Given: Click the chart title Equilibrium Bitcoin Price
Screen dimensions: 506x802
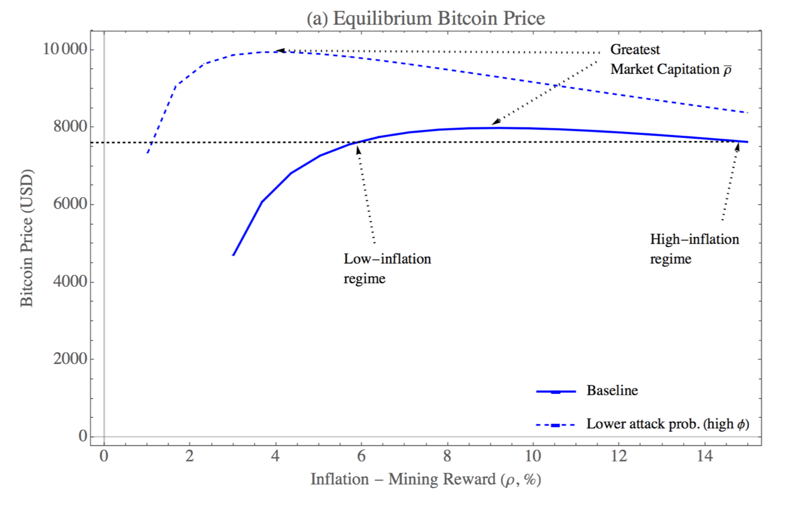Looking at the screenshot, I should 426,18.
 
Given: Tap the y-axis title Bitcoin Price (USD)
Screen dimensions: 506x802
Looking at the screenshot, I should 26,238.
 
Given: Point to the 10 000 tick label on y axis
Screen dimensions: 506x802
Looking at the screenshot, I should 65,49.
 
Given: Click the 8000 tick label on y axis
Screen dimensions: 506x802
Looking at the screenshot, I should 70,126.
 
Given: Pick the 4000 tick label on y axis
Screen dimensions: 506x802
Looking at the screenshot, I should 70,281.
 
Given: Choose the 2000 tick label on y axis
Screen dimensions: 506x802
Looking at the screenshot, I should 70,359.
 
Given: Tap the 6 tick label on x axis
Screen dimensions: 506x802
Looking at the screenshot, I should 361,456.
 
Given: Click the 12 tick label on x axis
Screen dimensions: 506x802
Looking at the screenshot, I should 619,456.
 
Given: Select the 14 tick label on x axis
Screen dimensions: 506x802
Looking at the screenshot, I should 704,456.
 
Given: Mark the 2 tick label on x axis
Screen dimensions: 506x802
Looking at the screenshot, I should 189,456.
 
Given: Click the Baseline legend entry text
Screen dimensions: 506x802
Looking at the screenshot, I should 612,390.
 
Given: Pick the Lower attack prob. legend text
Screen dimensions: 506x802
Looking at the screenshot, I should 668,424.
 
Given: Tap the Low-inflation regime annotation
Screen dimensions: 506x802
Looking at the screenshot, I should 387,268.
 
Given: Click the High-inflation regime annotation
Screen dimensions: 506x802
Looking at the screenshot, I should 694,249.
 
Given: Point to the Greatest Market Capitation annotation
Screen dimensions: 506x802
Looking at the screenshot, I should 670,59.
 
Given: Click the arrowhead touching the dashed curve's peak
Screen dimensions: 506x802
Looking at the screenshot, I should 280,50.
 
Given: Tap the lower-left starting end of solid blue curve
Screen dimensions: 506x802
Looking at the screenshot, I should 233,255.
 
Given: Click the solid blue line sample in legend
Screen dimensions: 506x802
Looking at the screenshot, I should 556,391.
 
